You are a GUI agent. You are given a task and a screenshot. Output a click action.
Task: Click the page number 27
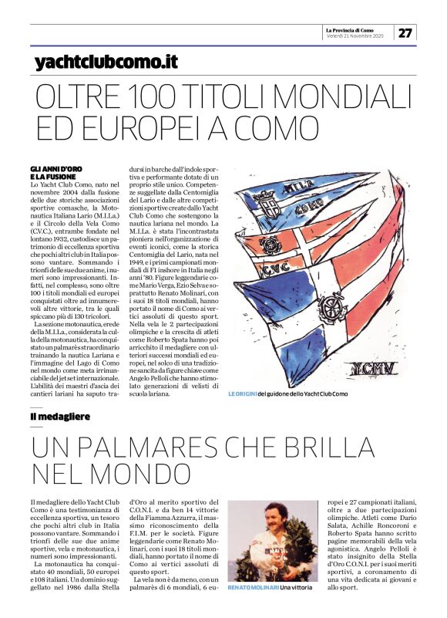(x=405, y=33)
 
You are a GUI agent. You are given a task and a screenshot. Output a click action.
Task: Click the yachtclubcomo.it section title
(x=106, y=61)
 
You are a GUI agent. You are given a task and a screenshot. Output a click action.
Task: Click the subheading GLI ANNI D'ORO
(x=55, y=168)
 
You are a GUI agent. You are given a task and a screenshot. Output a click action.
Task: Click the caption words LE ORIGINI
(x=242, y=394)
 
